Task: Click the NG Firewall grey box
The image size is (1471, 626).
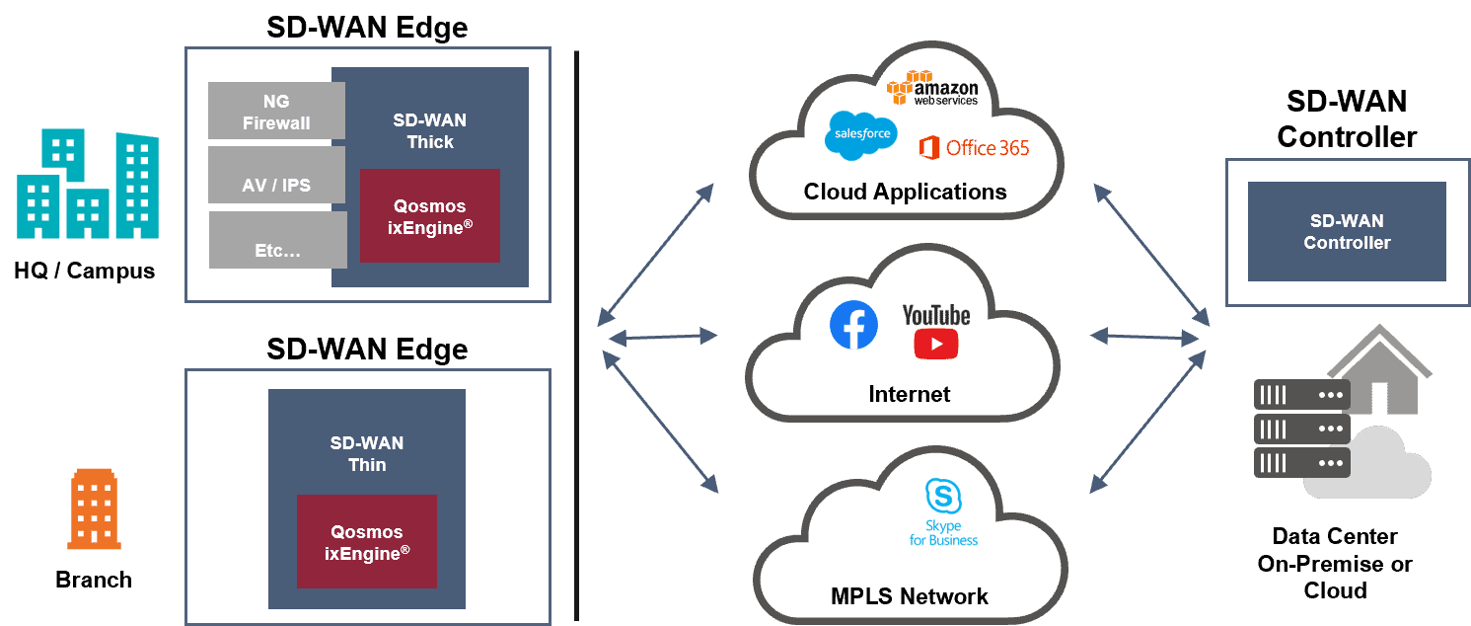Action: coord(276,111)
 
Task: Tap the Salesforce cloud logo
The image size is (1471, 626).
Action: coord(861,134)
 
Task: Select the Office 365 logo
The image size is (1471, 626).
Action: coord(974,148)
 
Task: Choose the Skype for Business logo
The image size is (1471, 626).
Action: coord(943,512)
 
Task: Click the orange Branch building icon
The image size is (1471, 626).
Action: coord(94,509)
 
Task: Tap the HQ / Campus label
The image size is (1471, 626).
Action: coord(85,271)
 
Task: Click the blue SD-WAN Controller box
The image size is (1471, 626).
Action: coord(1347,231)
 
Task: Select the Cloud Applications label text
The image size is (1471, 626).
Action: coord(905,192)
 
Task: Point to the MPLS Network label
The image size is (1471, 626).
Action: coord(909,596)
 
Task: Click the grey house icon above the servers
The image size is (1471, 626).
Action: coord(1379,370)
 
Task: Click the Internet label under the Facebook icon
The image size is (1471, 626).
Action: coord(909,394)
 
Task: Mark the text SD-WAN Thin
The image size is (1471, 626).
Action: coord(367,453)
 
